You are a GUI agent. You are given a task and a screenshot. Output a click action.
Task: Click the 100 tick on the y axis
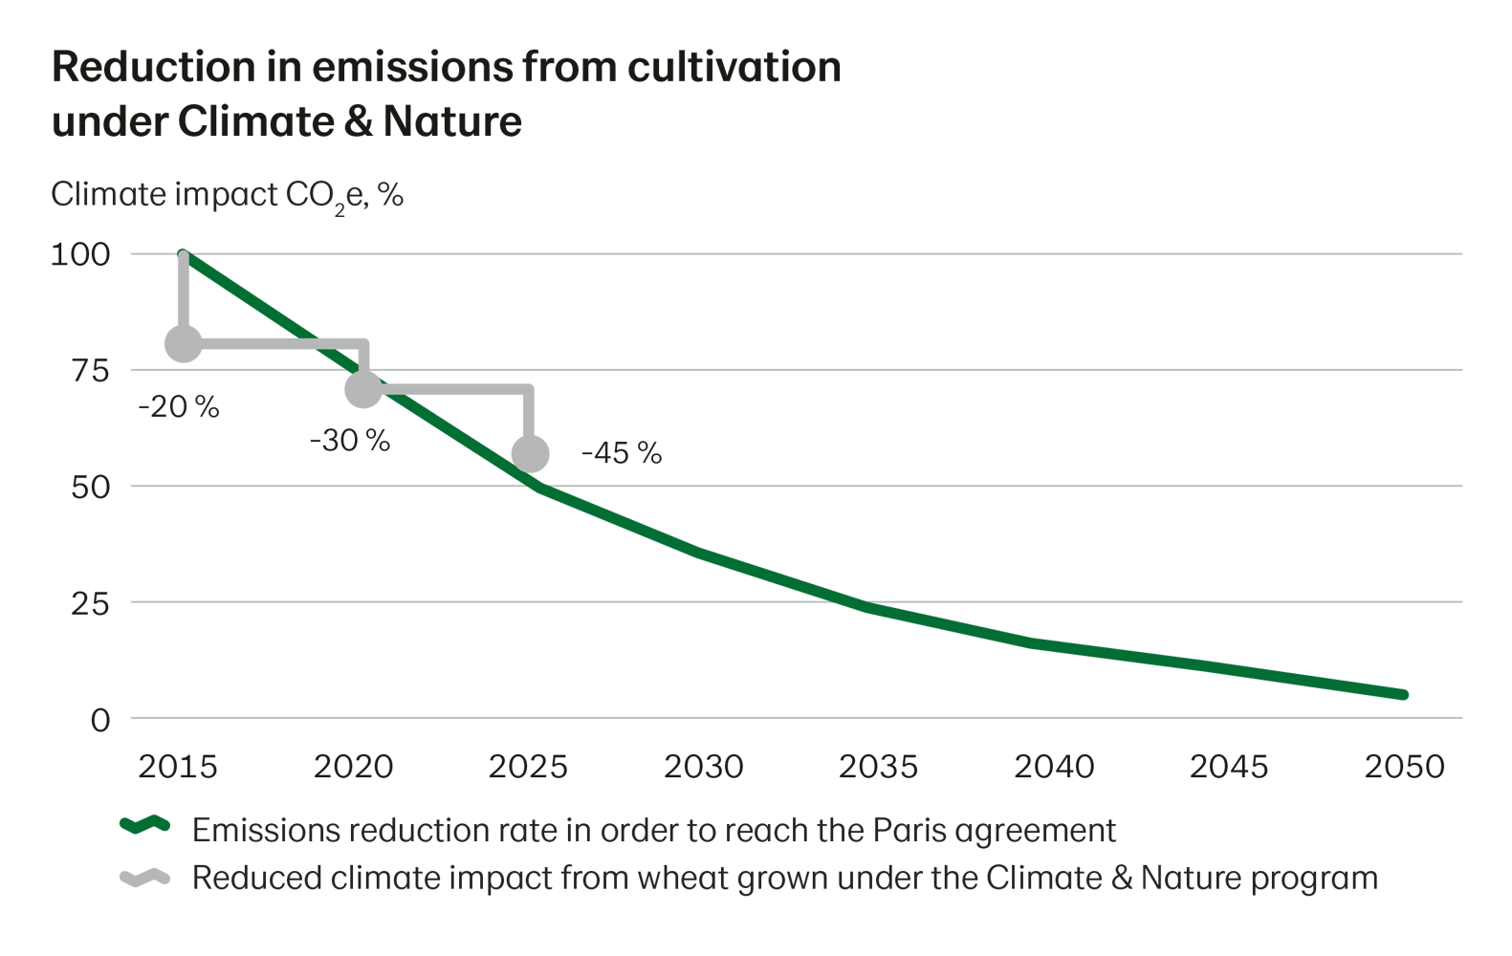[x=80, y=254]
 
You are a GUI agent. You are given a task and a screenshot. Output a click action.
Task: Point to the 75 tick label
[x=91, y=371]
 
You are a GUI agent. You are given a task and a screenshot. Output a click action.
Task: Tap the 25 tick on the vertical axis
[x=91, y=603]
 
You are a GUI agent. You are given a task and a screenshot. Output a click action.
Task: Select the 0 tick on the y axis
[x=100, y=720]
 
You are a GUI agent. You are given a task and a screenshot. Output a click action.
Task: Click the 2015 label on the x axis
[x=178, y=767]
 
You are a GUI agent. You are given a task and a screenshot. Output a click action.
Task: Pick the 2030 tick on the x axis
[x=703, y=767]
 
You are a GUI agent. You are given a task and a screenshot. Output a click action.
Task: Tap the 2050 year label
[x=1403, y=767]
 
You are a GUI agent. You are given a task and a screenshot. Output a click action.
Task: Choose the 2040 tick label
[x=1053, y=767]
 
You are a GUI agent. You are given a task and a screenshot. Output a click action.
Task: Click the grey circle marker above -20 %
[x=184, y=344]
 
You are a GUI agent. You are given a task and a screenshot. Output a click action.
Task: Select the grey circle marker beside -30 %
[x=362, y=388]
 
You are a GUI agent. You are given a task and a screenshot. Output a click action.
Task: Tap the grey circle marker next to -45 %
[x=531, y=454]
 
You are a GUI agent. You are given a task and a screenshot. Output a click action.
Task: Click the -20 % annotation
[x=179, y=407]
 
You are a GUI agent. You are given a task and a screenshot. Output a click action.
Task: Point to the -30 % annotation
[x=349, y=441]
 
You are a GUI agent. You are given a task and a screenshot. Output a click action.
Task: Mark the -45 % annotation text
[x=622, y=453]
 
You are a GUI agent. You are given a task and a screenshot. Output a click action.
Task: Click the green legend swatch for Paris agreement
[x=144, y=826]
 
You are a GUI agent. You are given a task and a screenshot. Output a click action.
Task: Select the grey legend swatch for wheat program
[x=144, y=878]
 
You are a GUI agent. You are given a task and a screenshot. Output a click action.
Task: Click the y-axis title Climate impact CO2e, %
[x=227, y=195]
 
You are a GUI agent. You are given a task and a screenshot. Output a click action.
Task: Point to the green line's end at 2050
[x=1403, y=694]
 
